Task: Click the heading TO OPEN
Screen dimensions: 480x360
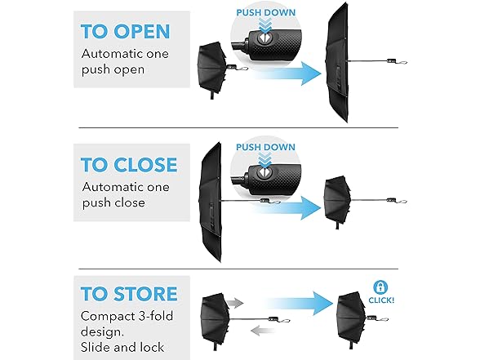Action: [x=125, y=31]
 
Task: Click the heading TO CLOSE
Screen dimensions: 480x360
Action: [x=129, y=165]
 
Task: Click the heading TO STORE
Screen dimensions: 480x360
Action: [x=129, y=294]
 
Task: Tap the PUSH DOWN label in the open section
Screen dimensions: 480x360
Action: [x=266, y=12]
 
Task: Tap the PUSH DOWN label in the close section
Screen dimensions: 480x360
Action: [x=266, y=147]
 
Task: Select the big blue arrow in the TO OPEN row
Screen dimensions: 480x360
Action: [x=287, y=73]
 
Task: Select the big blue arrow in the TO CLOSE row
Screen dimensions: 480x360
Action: [x=287, y=208]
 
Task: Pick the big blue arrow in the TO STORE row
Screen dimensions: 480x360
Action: [x=301, y=304]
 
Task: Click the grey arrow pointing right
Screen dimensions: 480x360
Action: [x=235, y=303]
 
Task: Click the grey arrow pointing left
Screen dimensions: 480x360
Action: [x=263, y=331]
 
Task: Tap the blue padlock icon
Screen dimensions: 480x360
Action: [x=380, y=287]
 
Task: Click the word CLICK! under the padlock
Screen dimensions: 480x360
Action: [x=381, y=300]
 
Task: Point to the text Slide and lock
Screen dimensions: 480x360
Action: [x=122, y=347]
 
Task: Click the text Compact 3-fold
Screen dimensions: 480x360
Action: [x=127, y=316]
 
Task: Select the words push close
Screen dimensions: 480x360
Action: [x=113, y=202]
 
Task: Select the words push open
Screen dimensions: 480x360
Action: [x=113, y=69]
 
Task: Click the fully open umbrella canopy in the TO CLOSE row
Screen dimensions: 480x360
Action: [x=211, y=202]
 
